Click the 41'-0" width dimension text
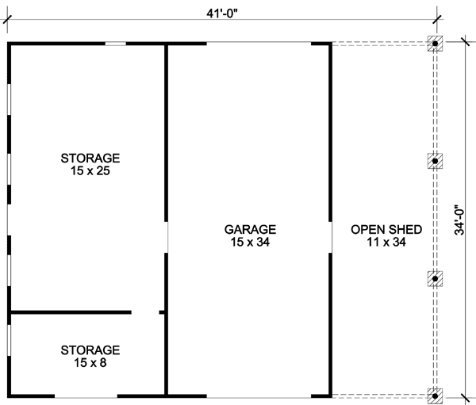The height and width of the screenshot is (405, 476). point(221,11)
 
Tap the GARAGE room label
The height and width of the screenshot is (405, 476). point(249,230)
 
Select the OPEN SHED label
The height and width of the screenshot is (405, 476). point(386,230)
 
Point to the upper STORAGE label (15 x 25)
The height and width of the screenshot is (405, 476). point(89,157)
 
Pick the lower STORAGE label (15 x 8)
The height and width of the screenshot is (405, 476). point(89,350)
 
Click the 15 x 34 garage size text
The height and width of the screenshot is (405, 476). point(249,243)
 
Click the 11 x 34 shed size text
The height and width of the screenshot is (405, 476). point(386,243)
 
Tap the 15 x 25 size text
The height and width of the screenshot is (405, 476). point(89,170)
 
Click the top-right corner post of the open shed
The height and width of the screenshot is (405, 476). point(435,44)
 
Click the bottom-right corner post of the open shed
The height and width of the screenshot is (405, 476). point(435,394)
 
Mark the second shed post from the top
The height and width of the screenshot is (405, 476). point(435,161)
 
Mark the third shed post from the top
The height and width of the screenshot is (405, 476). point(435,278)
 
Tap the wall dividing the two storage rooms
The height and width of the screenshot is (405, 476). point(71,312)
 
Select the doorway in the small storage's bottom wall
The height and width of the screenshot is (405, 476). point(86,394)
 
